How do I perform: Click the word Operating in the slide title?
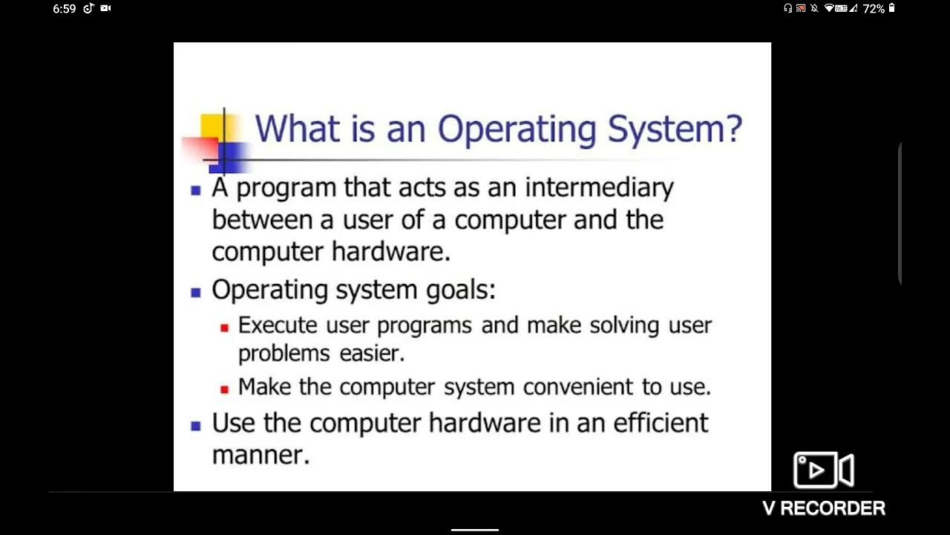[x=517, y=130]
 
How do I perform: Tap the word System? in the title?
[x=675, y=130]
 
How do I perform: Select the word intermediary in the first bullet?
[x=599, y=187]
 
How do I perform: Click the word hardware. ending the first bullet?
[x=391, y=252]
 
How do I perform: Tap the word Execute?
[x=278, y=325]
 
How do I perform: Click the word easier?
[x=372, y=354]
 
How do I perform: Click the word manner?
[x=261, y=455]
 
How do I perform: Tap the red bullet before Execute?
[x=225, y=327]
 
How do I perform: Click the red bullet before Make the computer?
[x=225, y=389]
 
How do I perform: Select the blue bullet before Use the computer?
[x=196, y=426]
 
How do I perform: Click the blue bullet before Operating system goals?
[x=196, y=292]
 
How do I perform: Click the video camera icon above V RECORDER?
[x=823, y=470]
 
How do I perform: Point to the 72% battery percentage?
[x=874, y=9]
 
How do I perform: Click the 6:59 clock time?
[x=65, y=9]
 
